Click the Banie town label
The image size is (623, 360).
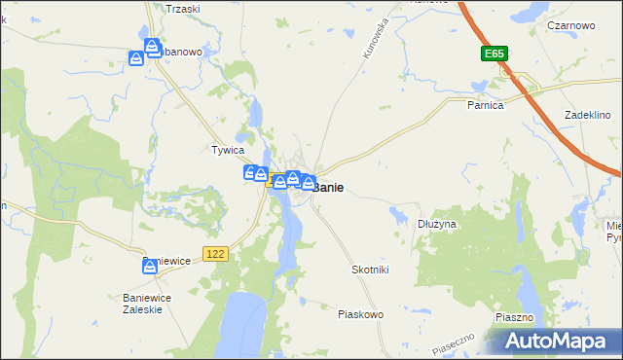[x=327, y=187]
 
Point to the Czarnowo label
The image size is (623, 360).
[x=571, y=25]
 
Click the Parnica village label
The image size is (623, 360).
[x=485, y=105]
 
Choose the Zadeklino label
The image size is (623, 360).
[x=587, y=115]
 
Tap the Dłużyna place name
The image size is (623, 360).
[x=437, y=224]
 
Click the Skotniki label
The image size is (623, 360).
[x=370, y=269]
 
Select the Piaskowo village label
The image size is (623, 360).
[x=360, y=314]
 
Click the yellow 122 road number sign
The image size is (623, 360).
[x=216, y=253]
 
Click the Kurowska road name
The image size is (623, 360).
[x=376, y=39]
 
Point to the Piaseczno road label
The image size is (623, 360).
[x=453, y=342]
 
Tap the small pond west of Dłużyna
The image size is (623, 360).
[x=399, y=212]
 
